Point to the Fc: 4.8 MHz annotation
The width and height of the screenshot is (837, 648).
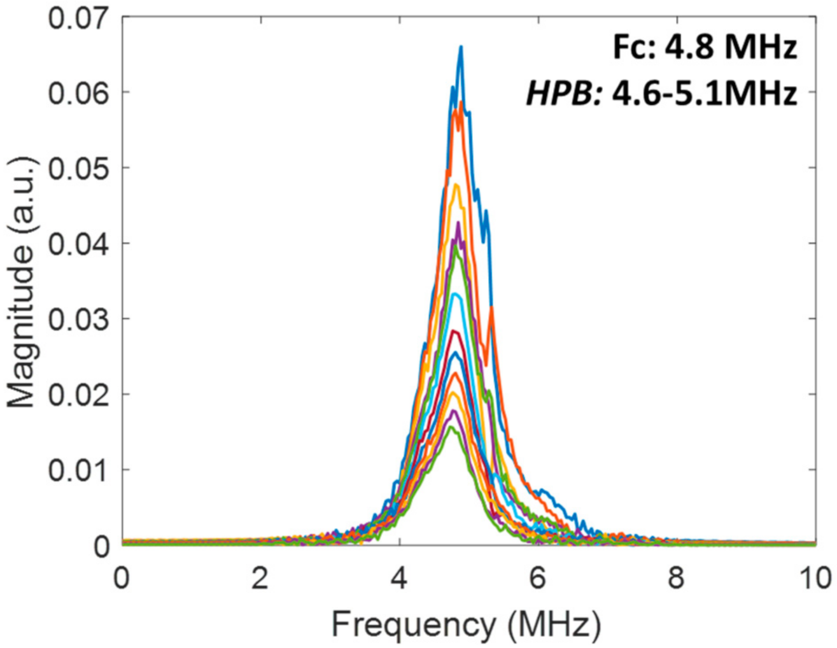pyautogui.click(x=705, y=47)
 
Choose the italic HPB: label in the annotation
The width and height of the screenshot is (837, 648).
pyautogui.click(x=563, y=94)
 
